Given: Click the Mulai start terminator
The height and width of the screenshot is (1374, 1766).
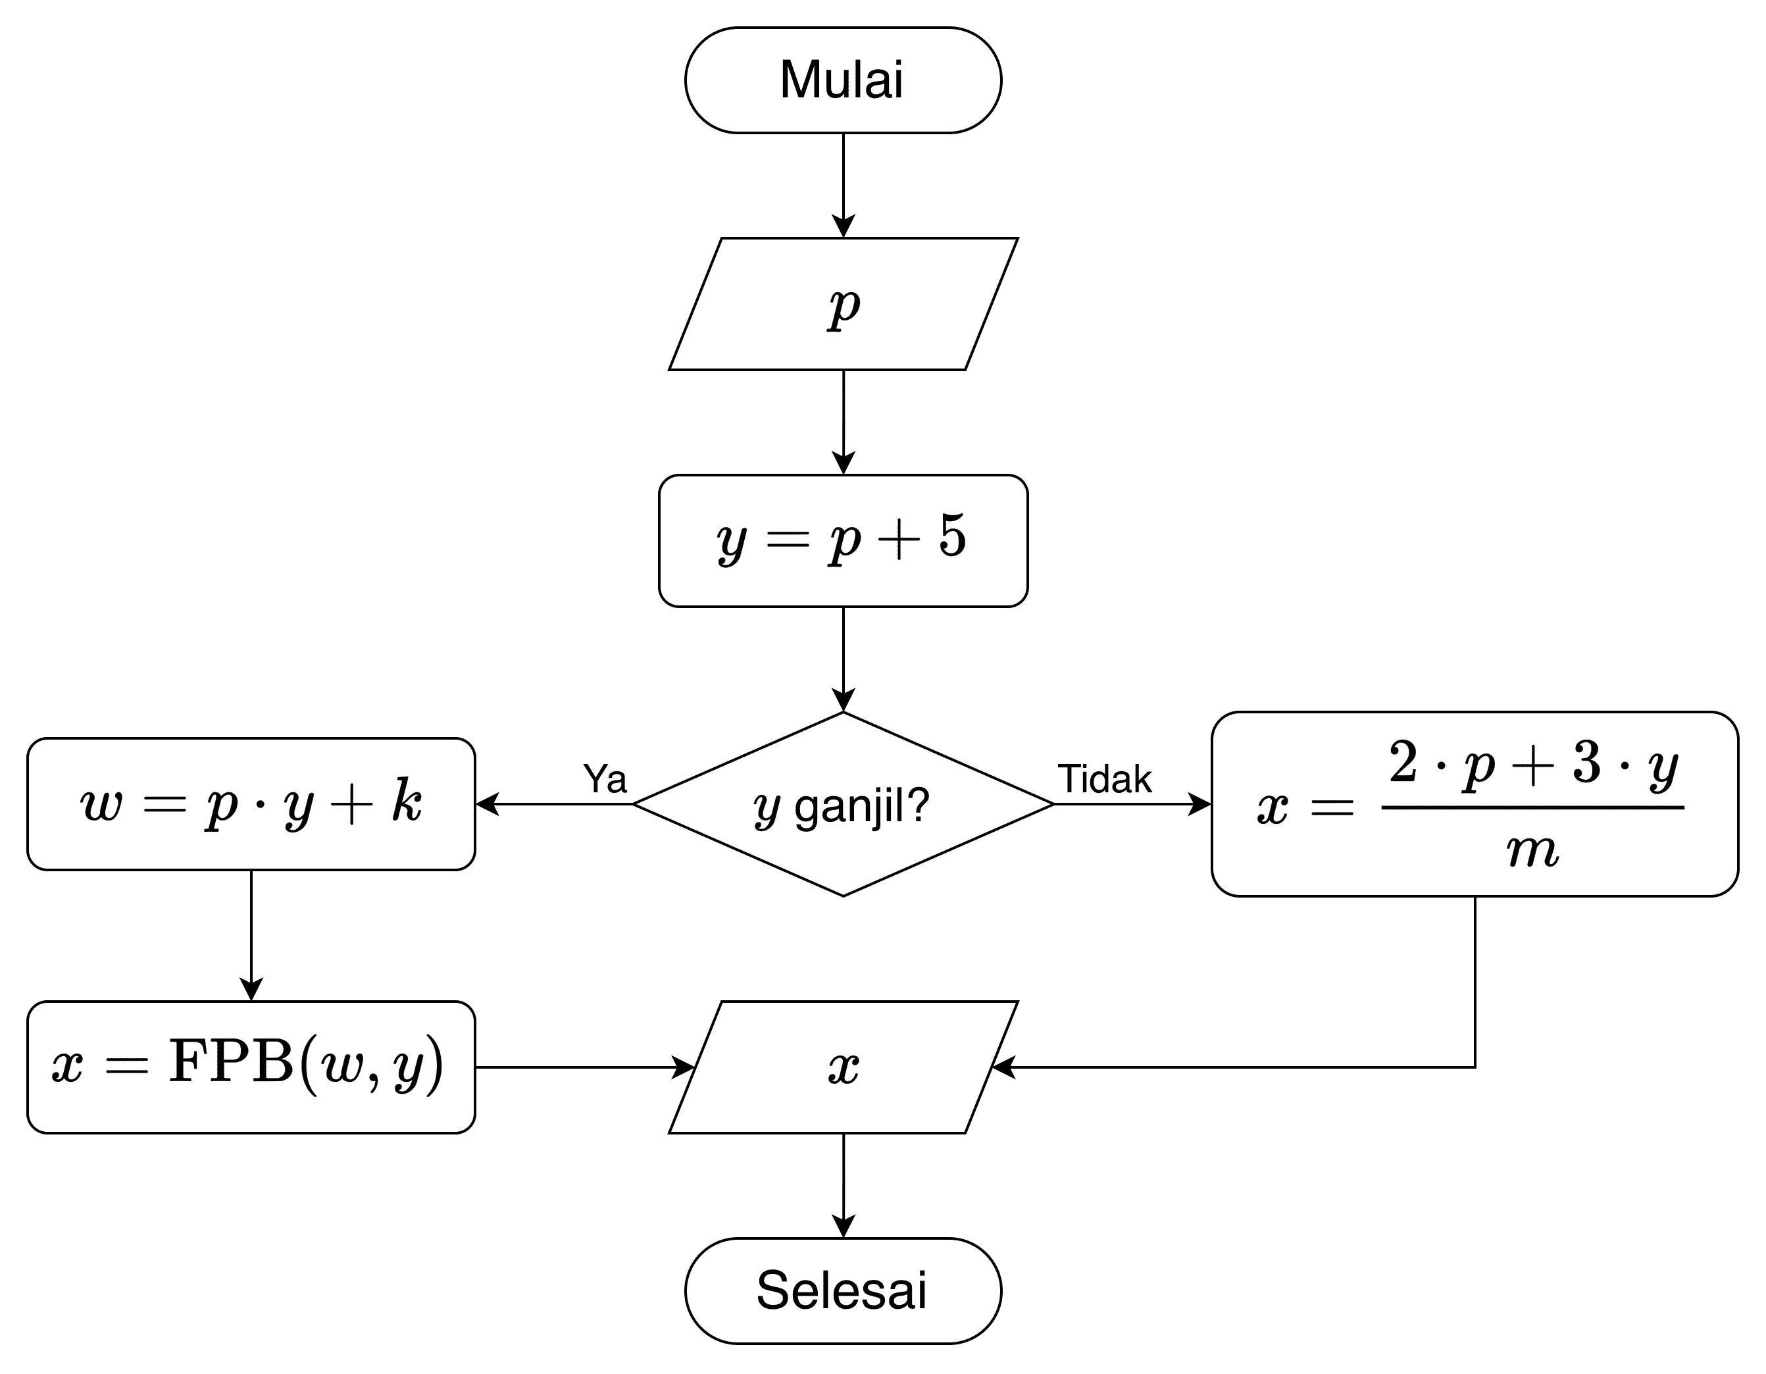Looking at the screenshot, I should pos(843,80).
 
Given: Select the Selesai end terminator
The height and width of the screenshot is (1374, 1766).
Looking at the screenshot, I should pos(843,1290).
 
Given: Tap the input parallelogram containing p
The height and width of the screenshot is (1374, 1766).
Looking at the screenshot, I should pos(843,304).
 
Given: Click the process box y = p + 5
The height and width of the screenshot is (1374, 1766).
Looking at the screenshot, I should pos(843,540).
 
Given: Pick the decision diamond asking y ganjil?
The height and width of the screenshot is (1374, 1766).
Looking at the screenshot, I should pos(843,805).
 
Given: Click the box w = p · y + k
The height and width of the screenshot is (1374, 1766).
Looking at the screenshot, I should pos(251,804).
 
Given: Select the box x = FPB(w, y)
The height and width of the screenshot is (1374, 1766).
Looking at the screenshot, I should pos(251,1067).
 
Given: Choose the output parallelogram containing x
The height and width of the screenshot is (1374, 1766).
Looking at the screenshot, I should pos(843,1067).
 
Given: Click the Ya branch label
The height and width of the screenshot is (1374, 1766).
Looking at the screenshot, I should pos(605,778).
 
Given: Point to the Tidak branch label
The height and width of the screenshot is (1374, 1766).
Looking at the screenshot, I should pos(1105,778).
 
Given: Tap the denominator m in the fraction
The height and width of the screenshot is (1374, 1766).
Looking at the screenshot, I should pos(1532,851).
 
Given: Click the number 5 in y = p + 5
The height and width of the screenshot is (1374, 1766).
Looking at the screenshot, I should pos(953,536).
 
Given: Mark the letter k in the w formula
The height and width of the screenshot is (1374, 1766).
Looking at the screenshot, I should pos(407,801).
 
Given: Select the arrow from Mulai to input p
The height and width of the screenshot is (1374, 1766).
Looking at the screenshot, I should pos(844,184).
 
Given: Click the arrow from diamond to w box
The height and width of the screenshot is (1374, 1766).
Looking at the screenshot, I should pos(555,804).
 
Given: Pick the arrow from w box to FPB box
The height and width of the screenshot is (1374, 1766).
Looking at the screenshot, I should pos(251,935).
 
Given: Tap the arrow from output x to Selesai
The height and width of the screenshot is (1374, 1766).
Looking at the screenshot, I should pos(844,1184).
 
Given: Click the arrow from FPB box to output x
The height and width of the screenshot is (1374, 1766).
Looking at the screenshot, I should pos(584,1067).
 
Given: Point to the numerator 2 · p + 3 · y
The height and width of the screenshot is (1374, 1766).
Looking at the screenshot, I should pos(1533,763).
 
